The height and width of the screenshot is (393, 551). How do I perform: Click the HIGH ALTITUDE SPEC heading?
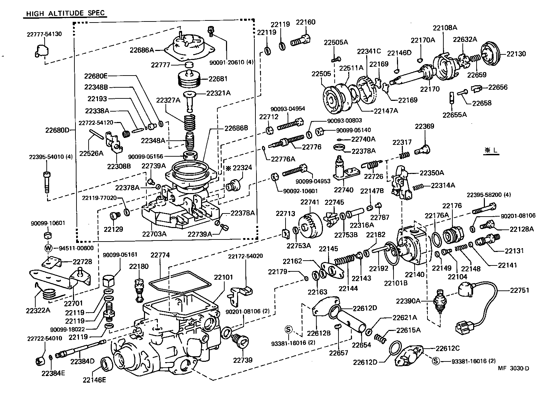pos(65,14)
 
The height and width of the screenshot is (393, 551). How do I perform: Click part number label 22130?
pos(516,54)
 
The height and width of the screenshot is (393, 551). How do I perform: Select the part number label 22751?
pos(520,290)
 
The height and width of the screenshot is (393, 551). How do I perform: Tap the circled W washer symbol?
pos(48,248)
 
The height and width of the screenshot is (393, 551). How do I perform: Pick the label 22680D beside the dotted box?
pos(57,130)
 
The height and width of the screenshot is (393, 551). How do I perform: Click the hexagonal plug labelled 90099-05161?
pos(109,279)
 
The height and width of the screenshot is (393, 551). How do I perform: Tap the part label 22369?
pos(424,126)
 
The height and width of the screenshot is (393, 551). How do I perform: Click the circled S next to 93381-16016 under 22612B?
pos(289,329)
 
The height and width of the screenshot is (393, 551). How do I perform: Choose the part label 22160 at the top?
pos(305,22)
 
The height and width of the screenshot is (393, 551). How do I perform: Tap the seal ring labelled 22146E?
pos(105,364)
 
